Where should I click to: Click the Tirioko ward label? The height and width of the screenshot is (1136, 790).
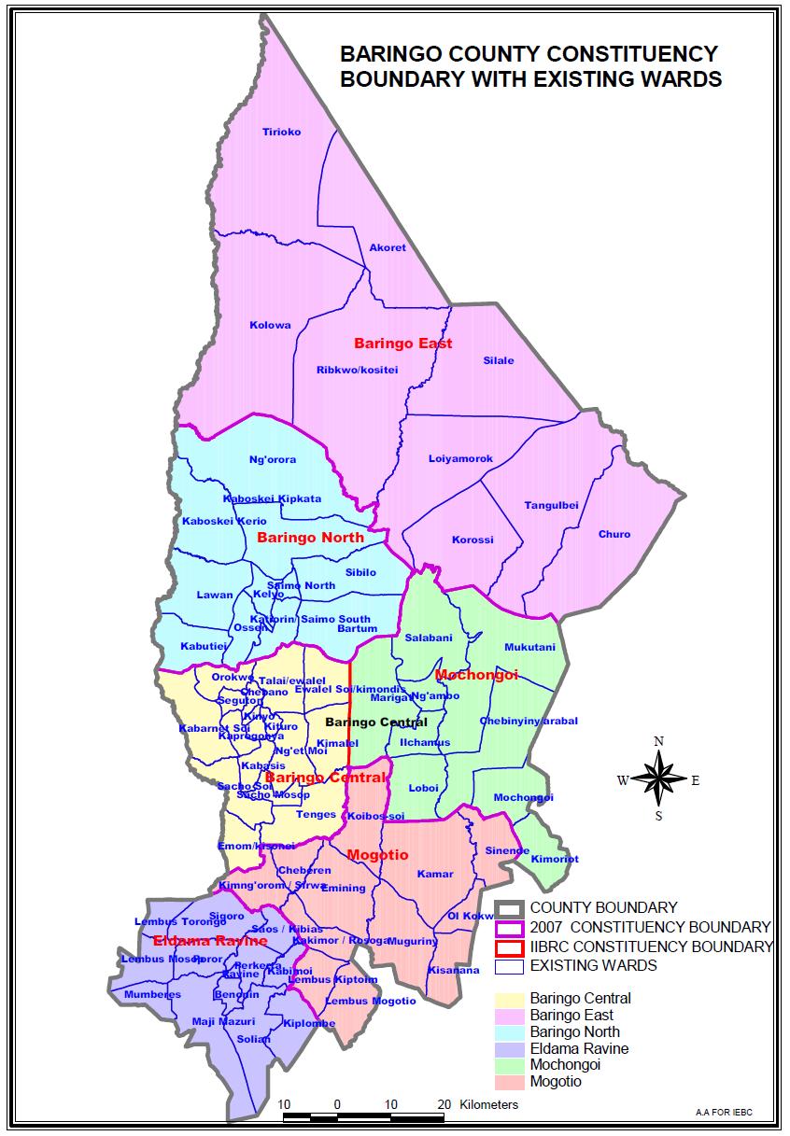tap(281, 132)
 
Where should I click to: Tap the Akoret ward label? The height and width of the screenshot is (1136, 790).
tap(388, 247)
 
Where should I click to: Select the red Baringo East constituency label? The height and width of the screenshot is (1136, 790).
tap(402, 344)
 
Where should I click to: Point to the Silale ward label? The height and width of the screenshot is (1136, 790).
tap(499, 360)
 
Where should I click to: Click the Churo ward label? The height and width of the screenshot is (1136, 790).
tap(614, 534)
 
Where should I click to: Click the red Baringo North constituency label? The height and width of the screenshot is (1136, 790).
tap(310, 538)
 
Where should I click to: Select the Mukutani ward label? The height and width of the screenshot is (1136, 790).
tap(529, 647)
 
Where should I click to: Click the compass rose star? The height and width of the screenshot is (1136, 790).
tap(658, 778)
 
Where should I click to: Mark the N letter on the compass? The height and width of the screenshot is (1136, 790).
tap(658, 741)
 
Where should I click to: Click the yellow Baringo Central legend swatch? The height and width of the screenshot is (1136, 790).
tap(509, 998)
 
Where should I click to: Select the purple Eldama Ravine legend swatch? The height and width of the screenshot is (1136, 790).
tap(509, 1048)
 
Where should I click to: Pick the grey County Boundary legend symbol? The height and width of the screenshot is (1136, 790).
tap(509, 907)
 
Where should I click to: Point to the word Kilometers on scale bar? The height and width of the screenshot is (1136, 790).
tap(488, 1104)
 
